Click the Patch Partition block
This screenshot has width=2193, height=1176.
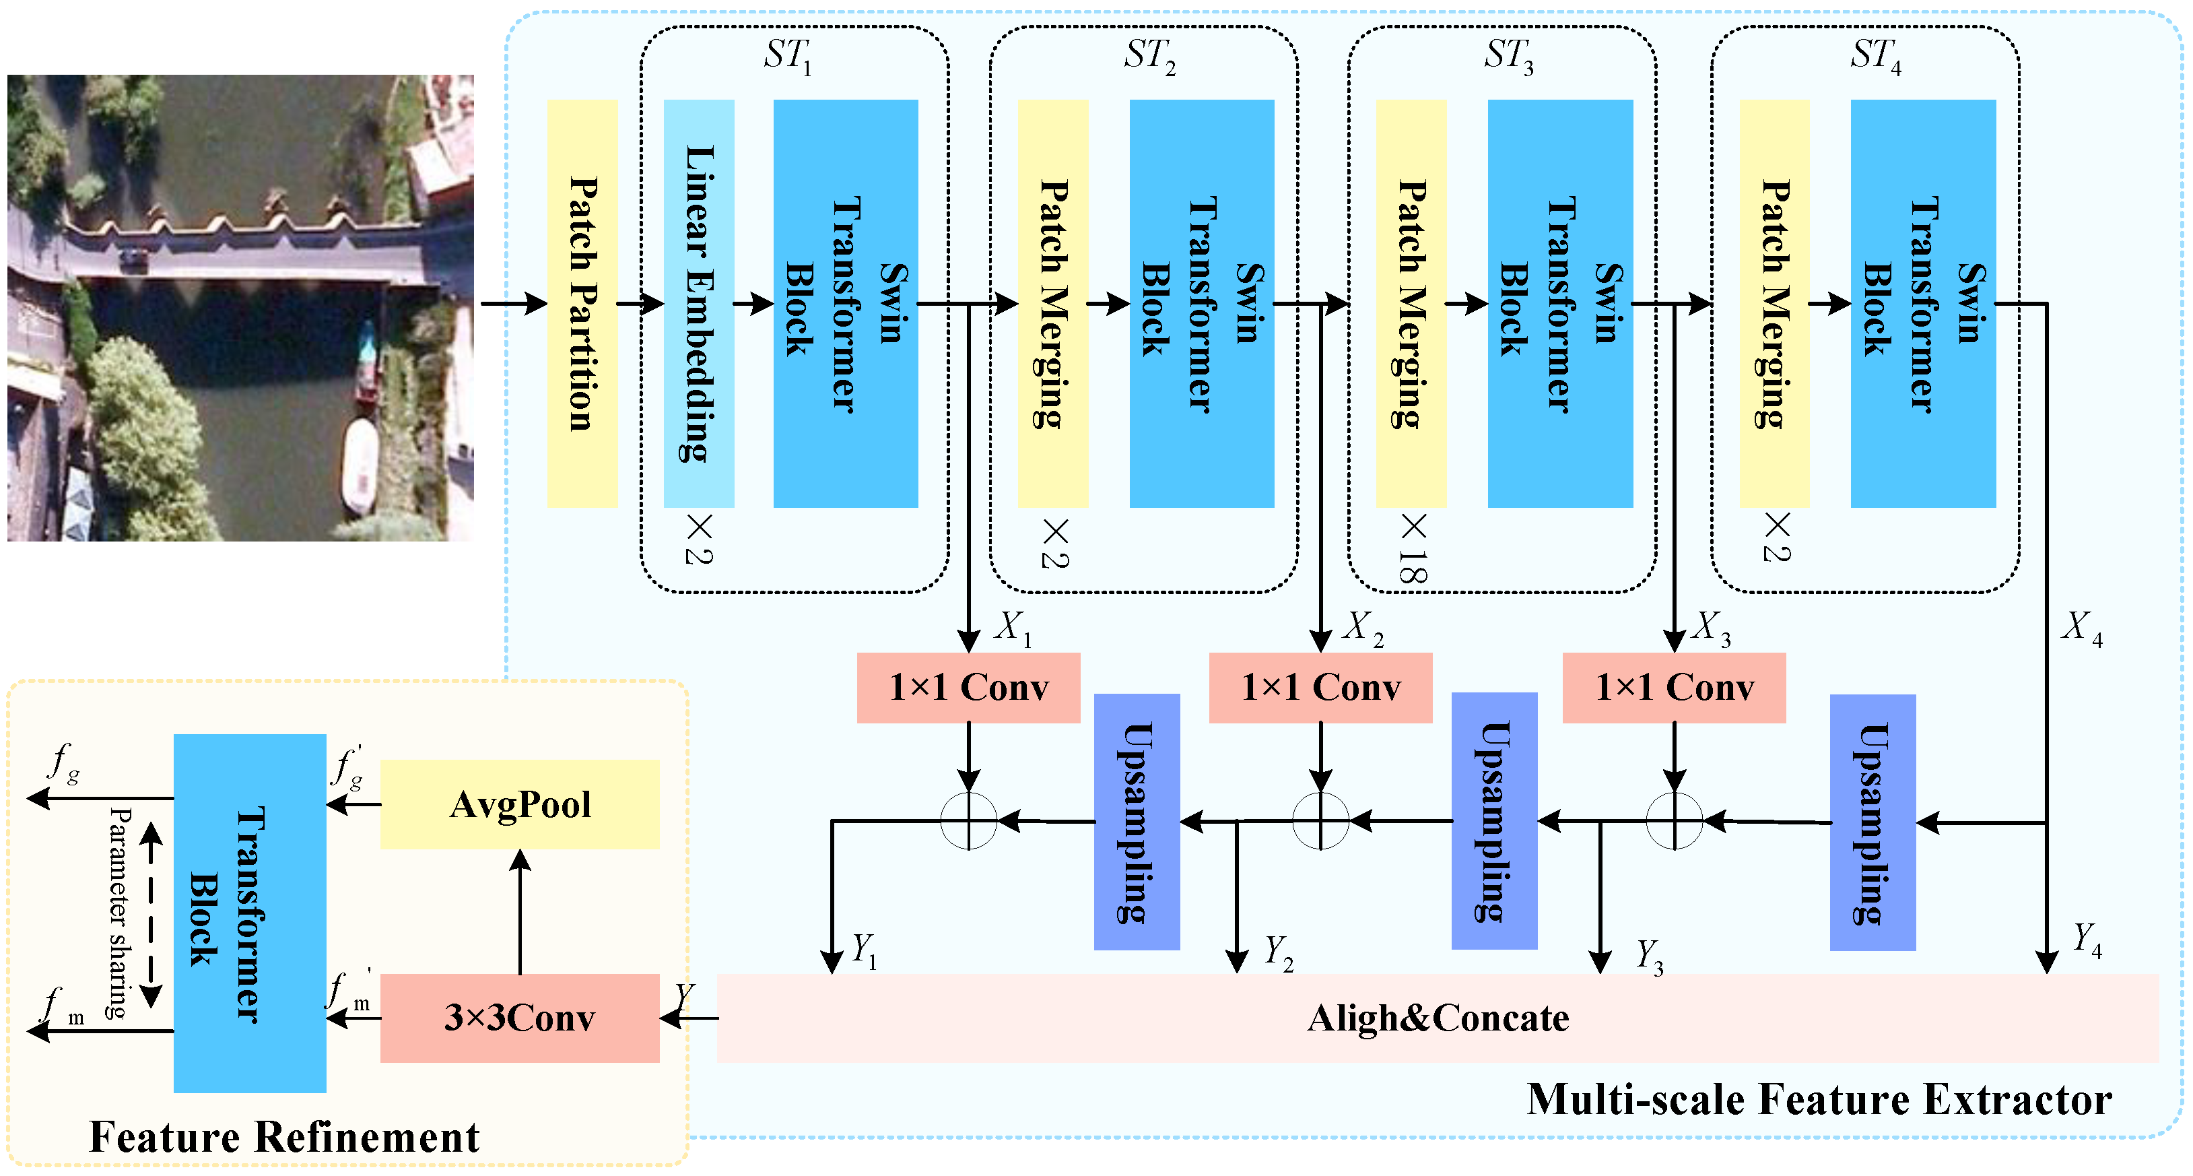point(582,303)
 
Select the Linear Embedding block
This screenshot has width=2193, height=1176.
point(698,303)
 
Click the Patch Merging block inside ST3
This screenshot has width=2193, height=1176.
point(1411,303)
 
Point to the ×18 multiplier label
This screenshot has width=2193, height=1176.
point(1413,549)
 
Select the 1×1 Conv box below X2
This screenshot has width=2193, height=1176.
point(1320,687)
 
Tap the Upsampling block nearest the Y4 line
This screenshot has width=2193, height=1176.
point(1872,822)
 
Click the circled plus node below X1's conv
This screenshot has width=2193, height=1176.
point(968,821)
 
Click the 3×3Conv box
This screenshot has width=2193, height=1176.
point(519,1018)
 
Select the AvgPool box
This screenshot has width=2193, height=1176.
point(519,804)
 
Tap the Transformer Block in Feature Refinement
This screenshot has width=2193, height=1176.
point(249,913)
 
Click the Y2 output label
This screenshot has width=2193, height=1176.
point(1277,952)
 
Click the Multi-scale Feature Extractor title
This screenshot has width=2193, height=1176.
point(1819,1099)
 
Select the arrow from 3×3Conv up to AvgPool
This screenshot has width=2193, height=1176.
point(519,911)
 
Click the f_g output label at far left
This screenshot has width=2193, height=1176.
point(65,762)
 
